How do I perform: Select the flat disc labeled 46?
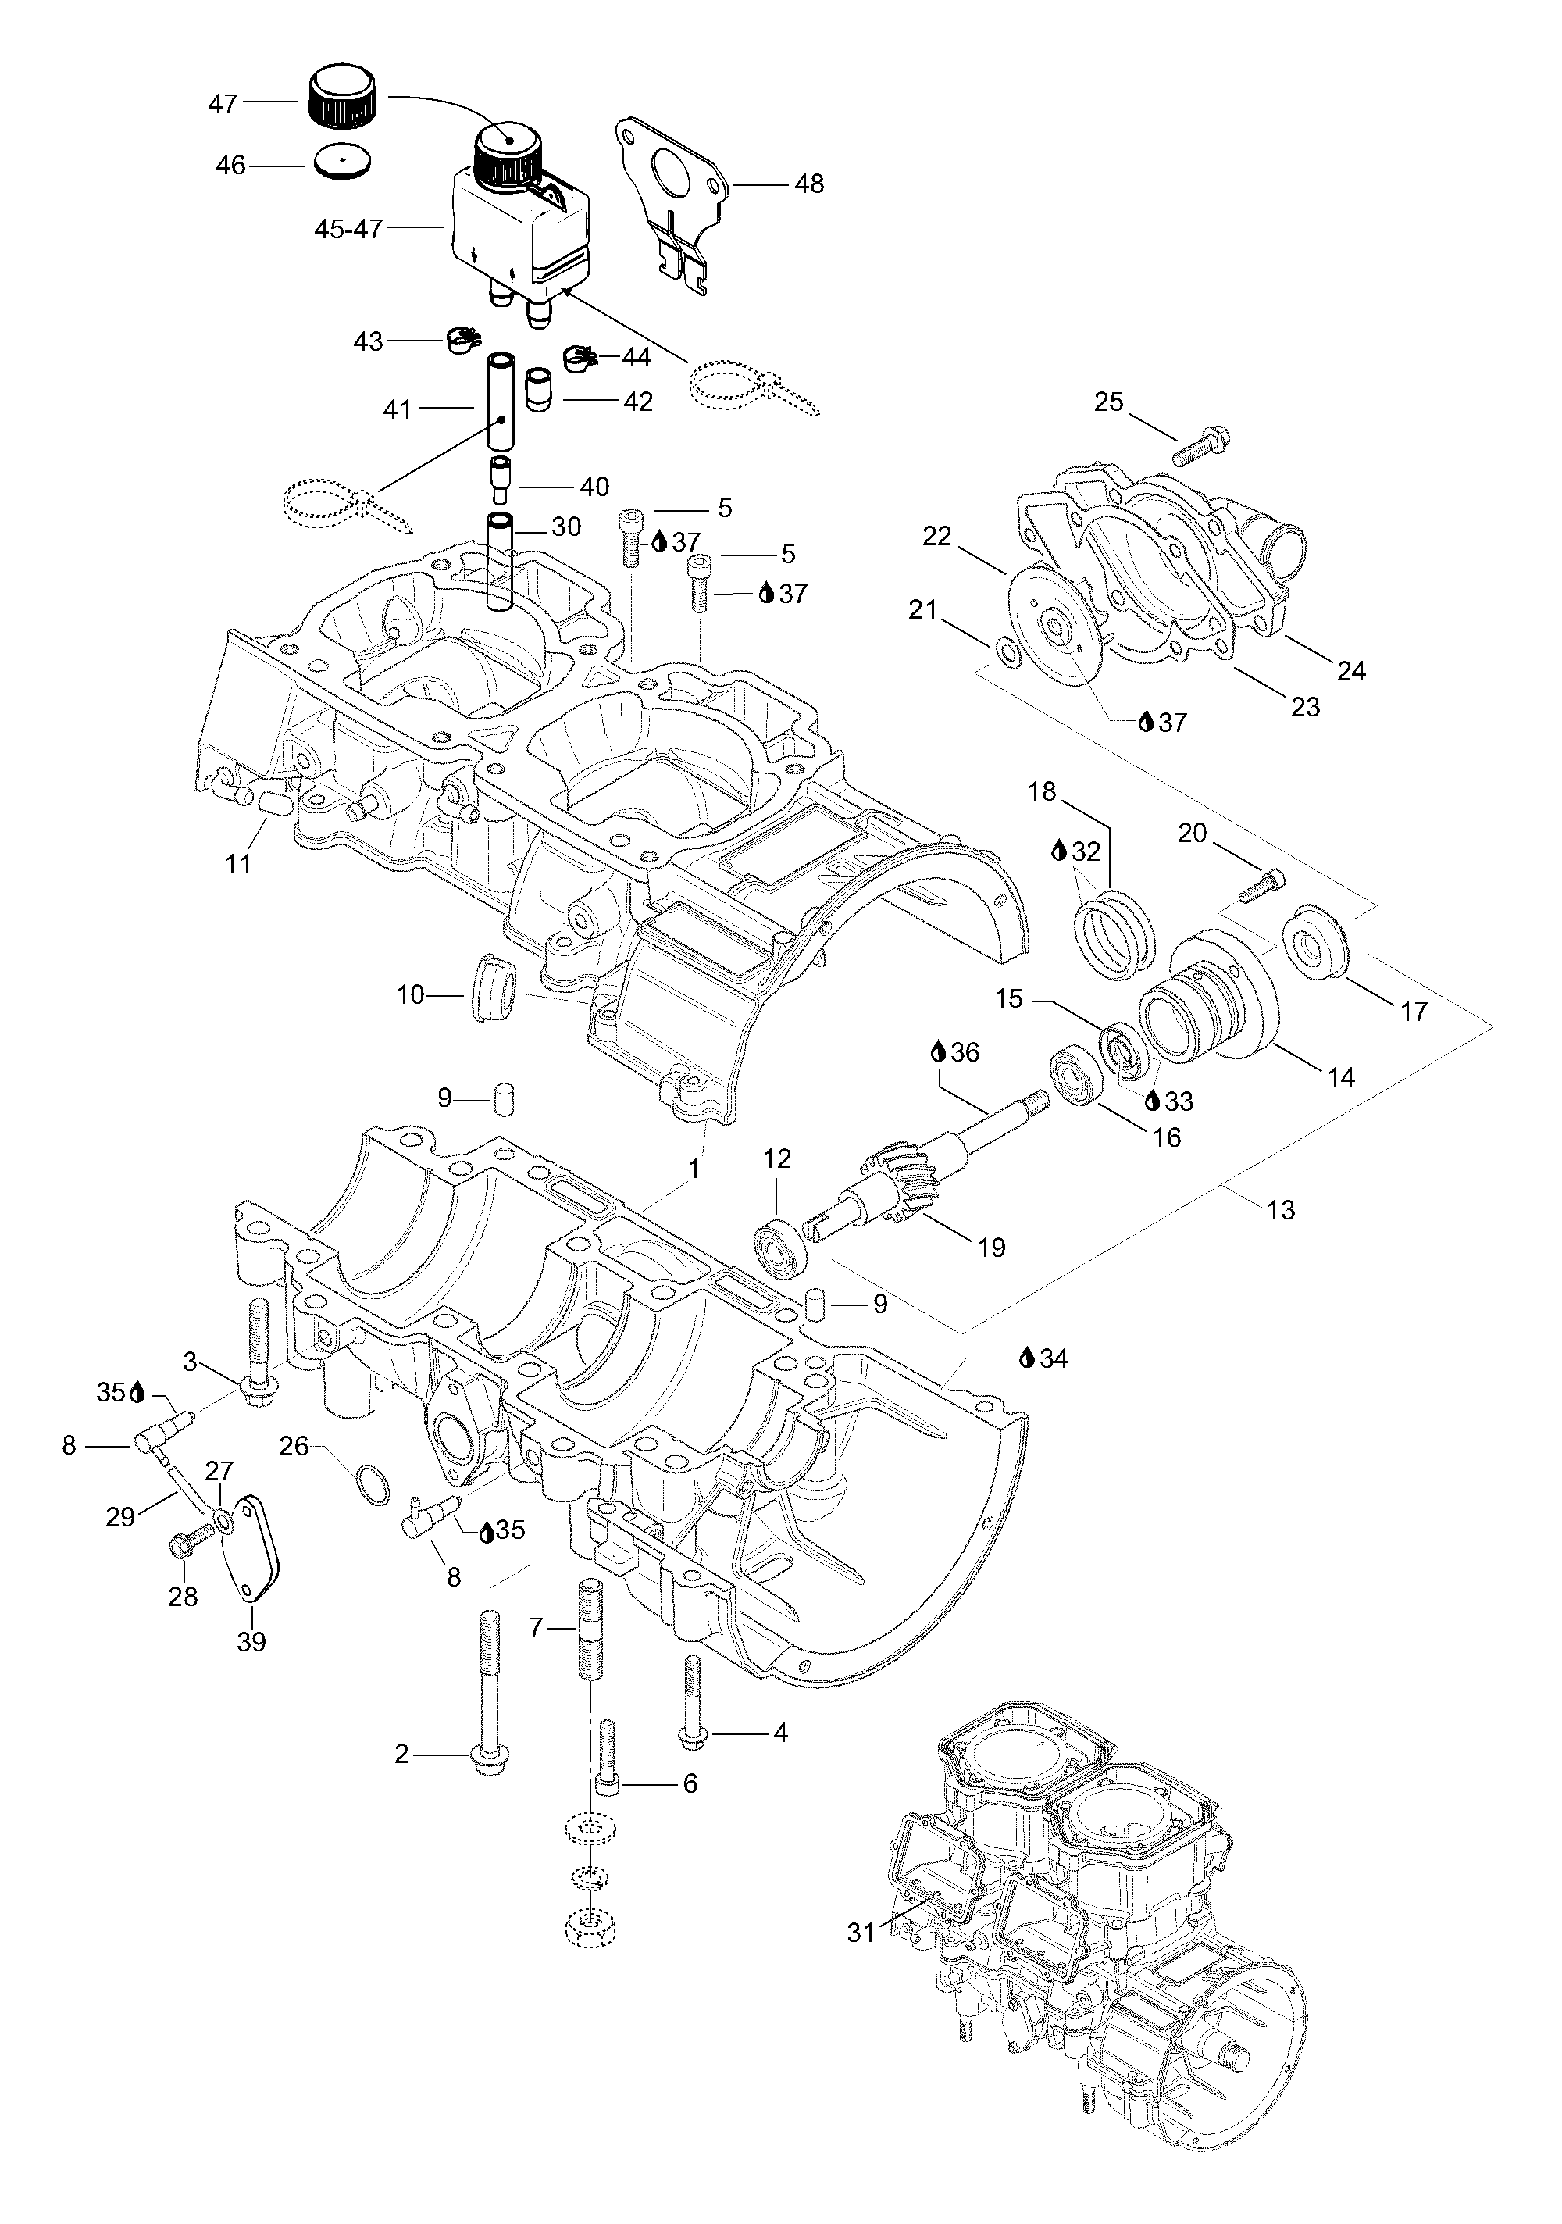(x=343, y=161)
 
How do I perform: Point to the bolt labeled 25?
(x=1199, y=444)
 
